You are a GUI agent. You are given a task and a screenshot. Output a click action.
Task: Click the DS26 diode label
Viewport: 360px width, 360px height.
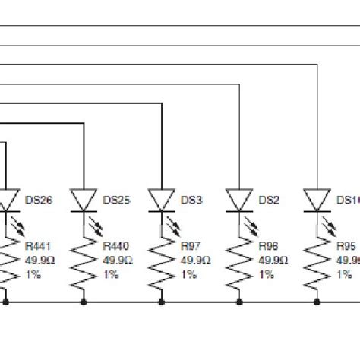38,201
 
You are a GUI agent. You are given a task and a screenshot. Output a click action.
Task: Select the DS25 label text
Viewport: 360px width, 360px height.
116,201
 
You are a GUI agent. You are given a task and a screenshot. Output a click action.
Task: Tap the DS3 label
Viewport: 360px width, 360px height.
191,201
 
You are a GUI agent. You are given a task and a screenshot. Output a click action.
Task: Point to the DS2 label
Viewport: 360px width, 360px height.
269,201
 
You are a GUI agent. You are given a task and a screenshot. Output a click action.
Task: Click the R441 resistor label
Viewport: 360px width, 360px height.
39,246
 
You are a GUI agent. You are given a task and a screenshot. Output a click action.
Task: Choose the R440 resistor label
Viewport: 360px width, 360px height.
116,246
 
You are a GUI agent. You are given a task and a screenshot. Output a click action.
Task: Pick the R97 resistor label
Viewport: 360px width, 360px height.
191,246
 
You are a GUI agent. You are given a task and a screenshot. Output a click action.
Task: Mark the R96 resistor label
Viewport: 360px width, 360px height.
269,246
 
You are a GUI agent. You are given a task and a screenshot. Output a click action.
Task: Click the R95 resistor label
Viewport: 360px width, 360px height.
347,246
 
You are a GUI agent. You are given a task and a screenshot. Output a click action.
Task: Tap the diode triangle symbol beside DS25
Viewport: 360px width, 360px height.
83,200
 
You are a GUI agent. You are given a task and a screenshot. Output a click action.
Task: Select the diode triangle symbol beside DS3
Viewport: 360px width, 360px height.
161,200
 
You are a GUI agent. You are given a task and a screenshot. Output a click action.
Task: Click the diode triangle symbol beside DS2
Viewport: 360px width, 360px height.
238,200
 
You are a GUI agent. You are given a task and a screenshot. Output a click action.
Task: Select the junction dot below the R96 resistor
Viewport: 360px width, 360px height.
238,302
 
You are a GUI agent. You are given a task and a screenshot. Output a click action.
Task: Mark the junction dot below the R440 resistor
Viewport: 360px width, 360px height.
83,302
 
